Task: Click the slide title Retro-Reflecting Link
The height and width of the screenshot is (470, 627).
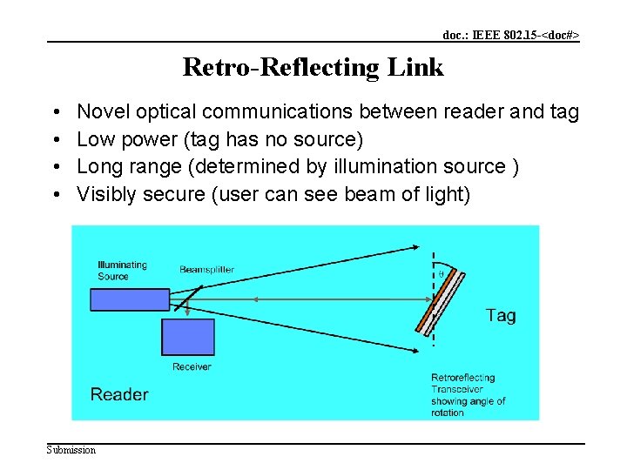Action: point(313,67)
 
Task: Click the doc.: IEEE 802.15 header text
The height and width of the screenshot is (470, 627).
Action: point(510,36)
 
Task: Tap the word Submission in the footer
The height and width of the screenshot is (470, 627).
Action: point(71,450)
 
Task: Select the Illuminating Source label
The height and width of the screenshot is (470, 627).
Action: point(122,271)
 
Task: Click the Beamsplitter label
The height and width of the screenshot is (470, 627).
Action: point(206,270)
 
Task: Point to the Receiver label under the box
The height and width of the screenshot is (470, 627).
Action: point(192,366)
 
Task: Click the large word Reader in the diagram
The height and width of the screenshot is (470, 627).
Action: point(119,394)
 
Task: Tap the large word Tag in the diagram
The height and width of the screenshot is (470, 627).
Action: point(501,315)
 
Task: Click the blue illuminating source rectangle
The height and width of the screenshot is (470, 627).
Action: point(129,299)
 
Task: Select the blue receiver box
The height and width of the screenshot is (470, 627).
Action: point(187,337)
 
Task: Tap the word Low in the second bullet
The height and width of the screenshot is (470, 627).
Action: point(93,139)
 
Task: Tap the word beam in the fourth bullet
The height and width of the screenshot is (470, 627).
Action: point(369,194)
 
